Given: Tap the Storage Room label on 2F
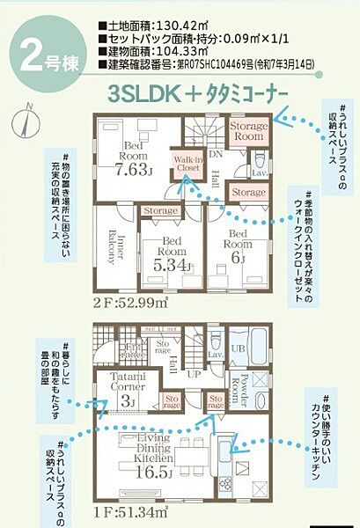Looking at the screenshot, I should (247, 132).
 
